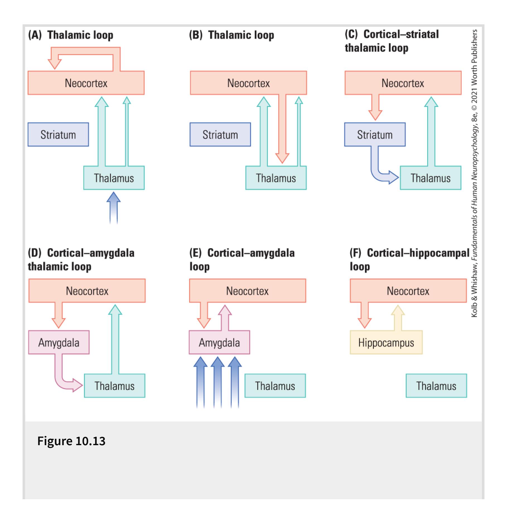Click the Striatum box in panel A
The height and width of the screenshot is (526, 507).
(x=58, y=135)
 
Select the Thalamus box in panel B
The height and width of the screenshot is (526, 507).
(x=276, y=178)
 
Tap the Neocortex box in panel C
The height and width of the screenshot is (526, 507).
(x=403, y=83)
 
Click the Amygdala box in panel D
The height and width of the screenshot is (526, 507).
(x=59, y=343)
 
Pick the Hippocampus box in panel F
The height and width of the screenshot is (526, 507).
(x=386, y=343)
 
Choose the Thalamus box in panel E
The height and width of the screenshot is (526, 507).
(x=275, y=386)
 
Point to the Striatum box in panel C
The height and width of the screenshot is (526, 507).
(x=375, y=135)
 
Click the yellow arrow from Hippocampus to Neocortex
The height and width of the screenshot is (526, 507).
(x=398, y=318)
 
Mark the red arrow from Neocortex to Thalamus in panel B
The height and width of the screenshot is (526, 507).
(x=282, y=128)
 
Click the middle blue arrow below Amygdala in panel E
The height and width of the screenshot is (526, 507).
(x=218, y=382)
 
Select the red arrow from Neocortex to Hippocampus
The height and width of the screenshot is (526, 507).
(x=364, y=315)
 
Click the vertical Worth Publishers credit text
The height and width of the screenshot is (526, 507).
(x=474, y=173)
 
